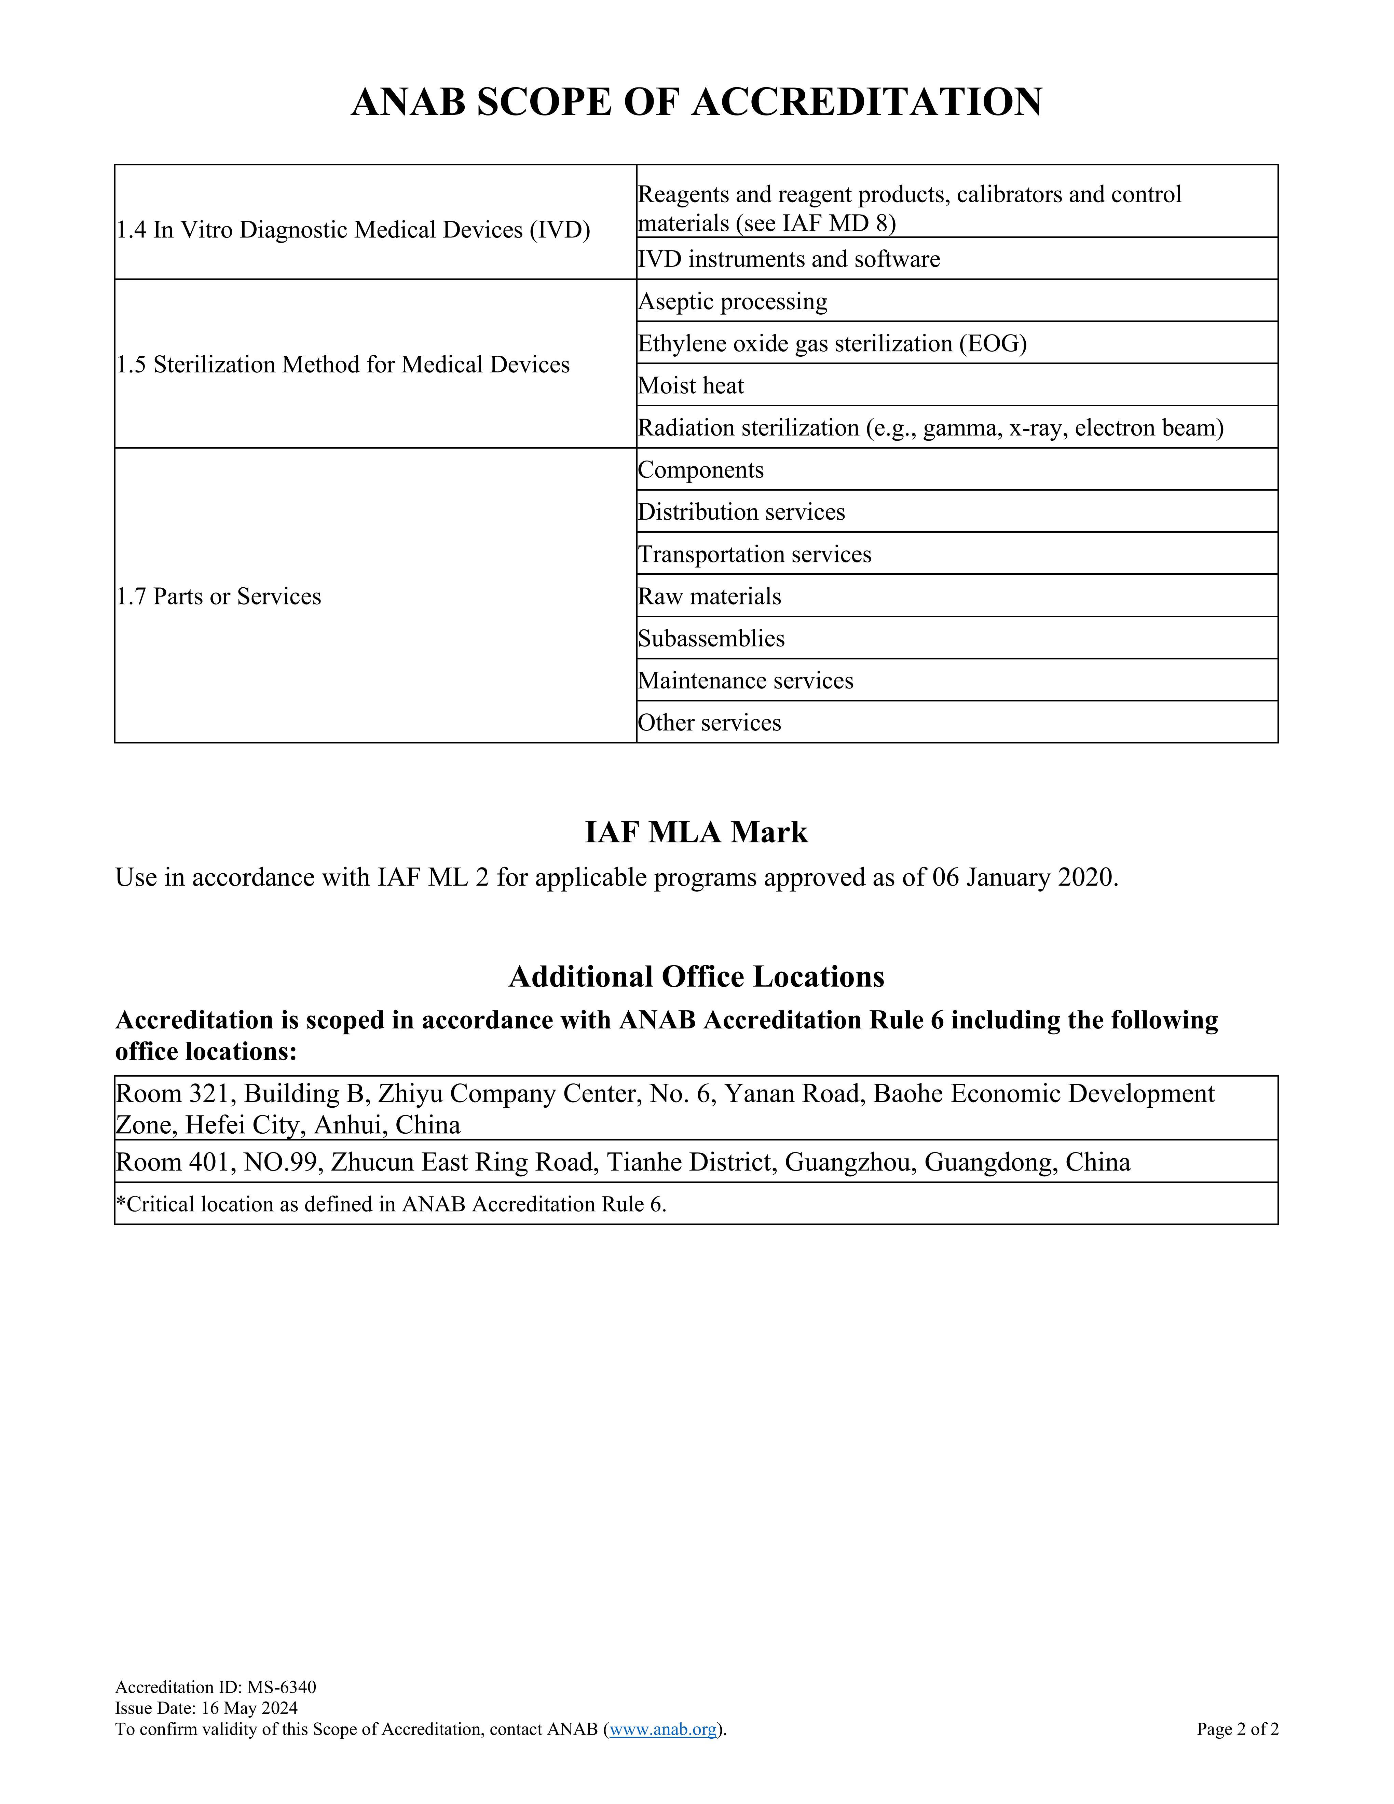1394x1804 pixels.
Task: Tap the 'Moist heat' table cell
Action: [x=691, y=386]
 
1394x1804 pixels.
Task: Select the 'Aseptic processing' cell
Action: [x=733, y=301]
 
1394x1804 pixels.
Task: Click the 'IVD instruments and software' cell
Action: [x=789, y=259]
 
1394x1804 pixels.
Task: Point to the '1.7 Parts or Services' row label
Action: [x=219, y=596]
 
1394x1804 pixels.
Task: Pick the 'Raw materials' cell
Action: [x=709, y=596]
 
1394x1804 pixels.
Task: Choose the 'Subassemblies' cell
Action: [x=711, y=639]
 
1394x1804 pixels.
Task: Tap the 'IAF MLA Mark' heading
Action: [x=696, y=832]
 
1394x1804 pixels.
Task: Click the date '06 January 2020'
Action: [x=1024, y=877]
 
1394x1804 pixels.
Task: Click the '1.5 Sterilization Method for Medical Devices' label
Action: [x=343, y=365]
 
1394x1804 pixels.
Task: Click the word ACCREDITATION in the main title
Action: [x=867, y=102]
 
